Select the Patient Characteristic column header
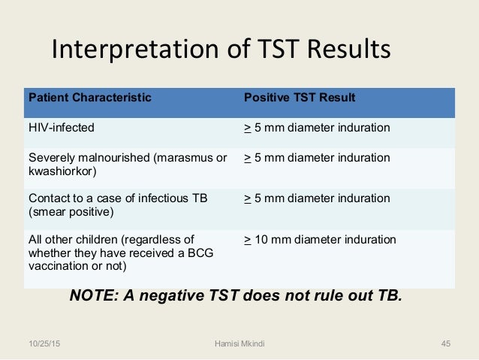pos(89,98)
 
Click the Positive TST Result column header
pos(300,98)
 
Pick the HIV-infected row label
pos(62,128)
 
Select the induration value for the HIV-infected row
pos(317,128)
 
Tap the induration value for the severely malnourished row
pos(317,159)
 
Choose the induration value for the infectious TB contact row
pos(317,198)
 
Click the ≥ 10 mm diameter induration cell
pos(320,240)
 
